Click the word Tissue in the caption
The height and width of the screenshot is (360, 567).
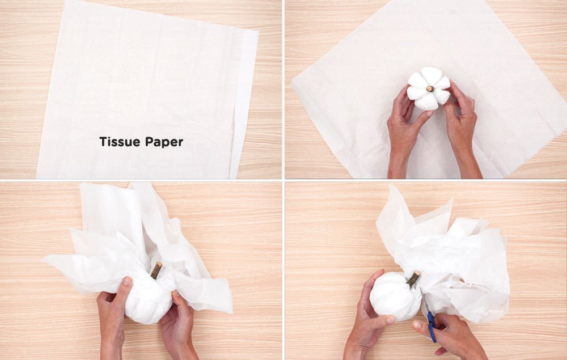point(120,141)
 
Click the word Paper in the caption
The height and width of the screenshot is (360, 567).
point(164,142)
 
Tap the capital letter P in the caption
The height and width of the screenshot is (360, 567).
point(149,141)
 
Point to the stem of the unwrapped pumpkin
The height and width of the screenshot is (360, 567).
point(430,88)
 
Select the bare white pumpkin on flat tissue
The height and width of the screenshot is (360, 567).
point(429,88)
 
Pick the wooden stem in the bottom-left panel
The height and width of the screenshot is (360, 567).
point(156,270)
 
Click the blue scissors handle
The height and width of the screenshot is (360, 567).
point(431,327)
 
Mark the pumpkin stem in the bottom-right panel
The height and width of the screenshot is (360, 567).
point(414,279)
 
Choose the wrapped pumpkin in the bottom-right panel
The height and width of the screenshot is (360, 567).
point(396,297)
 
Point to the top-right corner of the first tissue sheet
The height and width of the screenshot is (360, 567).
point(258,31)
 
